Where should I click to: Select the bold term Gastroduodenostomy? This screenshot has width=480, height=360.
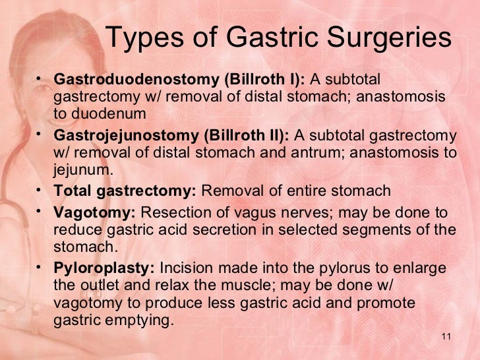pyautogui.click(x=136, y=80)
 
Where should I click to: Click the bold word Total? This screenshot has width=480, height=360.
pyautogui.click(x=72, y=191)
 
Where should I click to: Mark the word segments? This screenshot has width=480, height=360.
pyautogui.click(x=384, y=230)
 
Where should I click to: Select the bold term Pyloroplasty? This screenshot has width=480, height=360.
pyautogui.click(x=104, y=269)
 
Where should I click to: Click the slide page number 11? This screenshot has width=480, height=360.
pyautogui.click(x=446, y=338)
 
